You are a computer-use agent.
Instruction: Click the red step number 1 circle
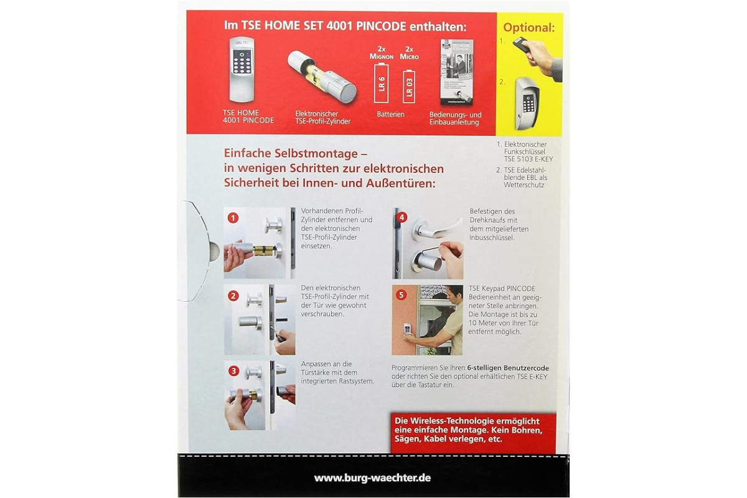coord(233,218)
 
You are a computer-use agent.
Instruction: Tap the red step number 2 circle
coord(233,296)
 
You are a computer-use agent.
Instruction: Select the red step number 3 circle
coord(234,371)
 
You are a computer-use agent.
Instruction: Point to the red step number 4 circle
coord(402,218)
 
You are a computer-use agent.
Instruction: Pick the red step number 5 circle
coord(401,295)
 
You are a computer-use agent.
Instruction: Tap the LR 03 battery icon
coord(409,86)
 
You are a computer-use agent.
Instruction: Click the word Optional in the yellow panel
coord(529,27)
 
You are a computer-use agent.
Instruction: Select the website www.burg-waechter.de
coord(372,478)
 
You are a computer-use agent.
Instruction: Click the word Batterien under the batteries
coord(390,114)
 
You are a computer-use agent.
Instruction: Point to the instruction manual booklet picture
coord(457,72)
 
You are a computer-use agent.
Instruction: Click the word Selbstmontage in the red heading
coord(321,153)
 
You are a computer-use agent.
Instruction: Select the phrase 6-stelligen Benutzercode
coord(508,368)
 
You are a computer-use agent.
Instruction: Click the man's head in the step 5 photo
coord(453,294)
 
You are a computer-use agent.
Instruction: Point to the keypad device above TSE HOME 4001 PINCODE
coord(242,69)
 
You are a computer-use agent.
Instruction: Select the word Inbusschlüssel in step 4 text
coord(492,238)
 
